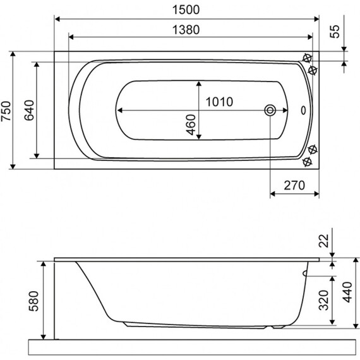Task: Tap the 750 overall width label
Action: (6, 111)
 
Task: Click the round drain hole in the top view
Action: (270, 111)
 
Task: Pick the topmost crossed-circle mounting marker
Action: (307, 57)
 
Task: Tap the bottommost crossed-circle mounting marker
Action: (307, 163)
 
